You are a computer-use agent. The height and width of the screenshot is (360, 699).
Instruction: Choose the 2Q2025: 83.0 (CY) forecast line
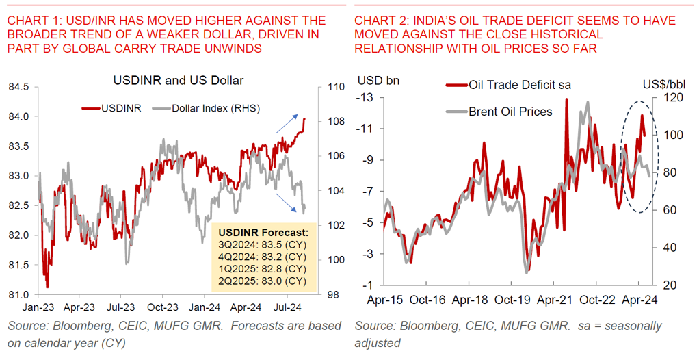(261, 281)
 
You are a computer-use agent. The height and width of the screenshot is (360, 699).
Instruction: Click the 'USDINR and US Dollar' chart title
(178, 81)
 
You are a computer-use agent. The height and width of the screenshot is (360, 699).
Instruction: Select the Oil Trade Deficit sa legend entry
(518, 85)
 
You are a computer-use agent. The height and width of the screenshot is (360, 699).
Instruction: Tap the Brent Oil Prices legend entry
(509, 111)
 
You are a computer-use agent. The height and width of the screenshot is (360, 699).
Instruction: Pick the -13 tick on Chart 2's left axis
(365, 98)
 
